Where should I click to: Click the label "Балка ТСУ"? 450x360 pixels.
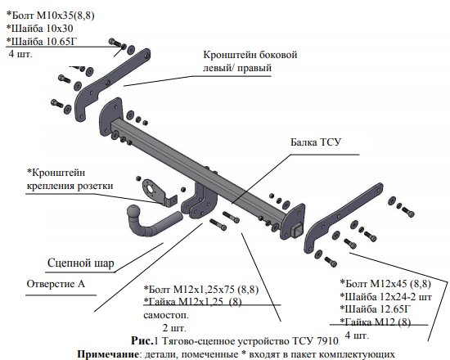coord(316,142)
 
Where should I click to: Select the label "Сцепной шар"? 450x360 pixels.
coord(81,263)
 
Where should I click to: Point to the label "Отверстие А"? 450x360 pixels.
coord(56,284)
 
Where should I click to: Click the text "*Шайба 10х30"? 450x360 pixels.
coord(39,29)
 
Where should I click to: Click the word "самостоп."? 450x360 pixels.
coord(166,315)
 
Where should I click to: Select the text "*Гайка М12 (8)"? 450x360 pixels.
coord(376,322)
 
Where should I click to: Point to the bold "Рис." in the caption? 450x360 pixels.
coord(142,340)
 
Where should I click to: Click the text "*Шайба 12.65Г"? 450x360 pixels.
coord(376,309)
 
